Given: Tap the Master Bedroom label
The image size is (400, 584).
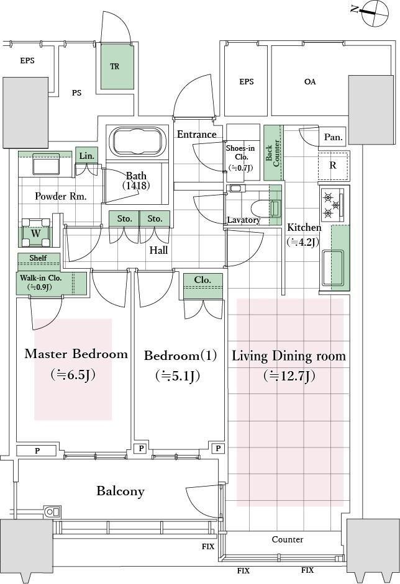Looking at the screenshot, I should coord(76,354).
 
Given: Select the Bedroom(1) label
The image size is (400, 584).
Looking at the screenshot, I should coord(180,356).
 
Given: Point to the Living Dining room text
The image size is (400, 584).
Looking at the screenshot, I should coord(289,356).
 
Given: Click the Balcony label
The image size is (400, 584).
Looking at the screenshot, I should coord(120,492).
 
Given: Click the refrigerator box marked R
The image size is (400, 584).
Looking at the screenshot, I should coord(333,166).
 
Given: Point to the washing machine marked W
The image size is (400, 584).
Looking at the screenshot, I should coord(35,233).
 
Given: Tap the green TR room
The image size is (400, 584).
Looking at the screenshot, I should coord(116,67).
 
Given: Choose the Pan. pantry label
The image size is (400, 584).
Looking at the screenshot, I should coord(333,137).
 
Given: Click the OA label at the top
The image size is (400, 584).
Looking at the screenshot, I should coord(310,81).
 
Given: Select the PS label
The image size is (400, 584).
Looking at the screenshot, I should coord(76,94).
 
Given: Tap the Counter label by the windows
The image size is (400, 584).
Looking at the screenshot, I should coord(288,539).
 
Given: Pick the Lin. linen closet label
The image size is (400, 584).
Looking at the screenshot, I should coord(86,156).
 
